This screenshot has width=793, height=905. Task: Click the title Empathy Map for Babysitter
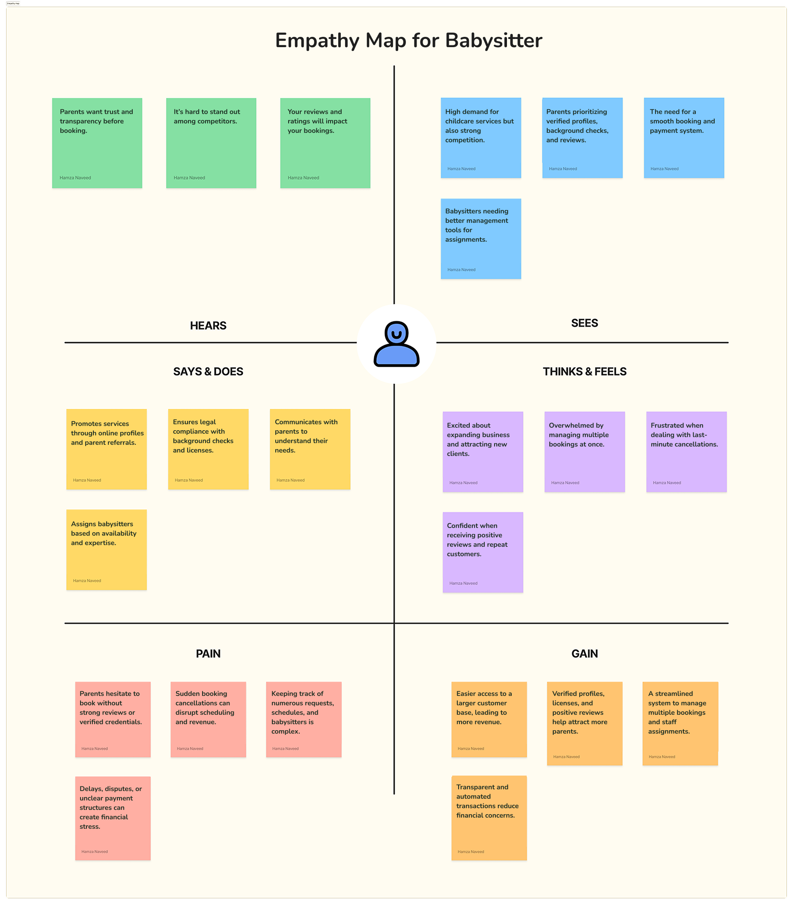(x=408, y=41)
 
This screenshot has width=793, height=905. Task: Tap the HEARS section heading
(x=208, y=326)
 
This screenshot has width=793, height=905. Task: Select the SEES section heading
(x=584, y=323)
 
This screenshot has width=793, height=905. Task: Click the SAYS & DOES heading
(x=208, y=372)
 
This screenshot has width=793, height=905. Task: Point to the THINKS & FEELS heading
(x=584, y=372)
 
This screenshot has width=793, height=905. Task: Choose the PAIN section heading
(x=208, y=653)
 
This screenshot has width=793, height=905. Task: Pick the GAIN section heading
(x=584, y=653)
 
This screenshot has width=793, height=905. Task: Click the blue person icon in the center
(x=396, y=344)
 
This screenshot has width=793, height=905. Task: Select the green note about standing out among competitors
(x=211, y=143)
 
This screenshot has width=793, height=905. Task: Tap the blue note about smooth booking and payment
(x=684, y=138)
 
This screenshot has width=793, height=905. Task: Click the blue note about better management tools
(x=480, y=239)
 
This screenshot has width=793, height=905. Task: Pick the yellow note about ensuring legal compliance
(x=208, y=449)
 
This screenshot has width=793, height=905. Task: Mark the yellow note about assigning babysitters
(x=106, y=549)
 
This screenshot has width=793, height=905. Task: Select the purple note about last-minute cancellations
(x=686, y=452)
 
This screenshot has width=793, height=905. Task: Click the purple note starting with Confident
(x=483, y=552)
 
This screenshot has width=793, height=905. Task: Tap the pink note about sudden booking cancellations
(x=208, y=719)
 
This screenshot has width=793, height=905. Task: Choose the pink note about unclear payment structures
(x=113, y=818)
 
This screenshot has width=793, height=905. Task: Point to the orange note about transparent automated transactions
(x=489, y=818)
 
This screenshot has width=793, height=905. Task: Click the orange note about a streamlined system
(x=680, y=723)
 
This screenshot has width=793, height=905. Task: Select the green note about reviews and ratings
(x=325, y=143)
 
